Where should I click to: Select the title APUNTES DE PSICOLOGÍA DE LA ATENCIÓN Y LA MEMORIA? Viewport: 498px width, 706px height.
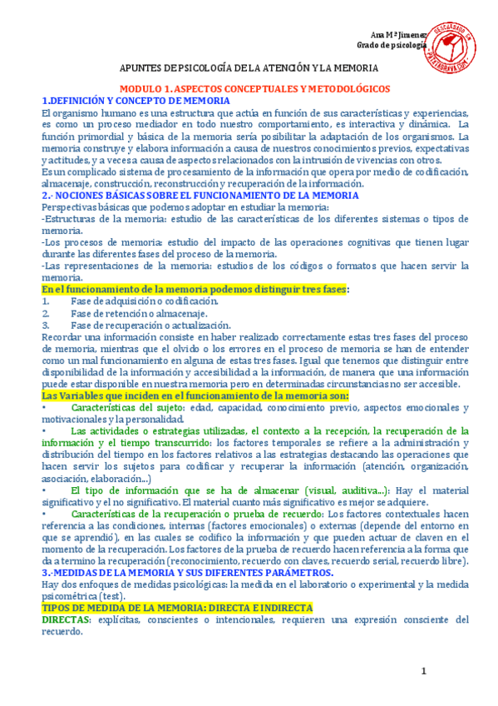(248, 67)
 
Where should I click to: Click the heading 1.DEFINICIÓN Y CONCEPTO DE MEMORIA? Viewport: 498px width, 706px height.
(136, 100)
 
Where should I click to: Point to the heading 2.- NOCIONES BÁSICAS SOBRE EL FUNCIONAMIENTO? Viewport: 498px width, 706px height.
(200, 195)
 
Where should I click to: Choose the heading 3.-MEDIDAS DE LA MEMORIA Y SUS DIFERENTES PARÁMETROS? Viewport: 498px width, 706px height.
(187, 573)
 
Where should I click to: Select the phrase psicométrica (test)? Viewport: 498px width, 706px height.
(84, 596)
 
